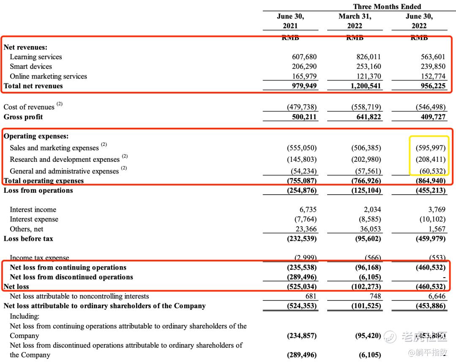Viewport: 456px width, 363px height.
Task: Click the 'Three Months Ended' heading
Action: (x=387, y=6)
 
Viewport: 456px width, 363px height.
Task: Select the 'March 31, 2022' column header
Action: (x=355, y=21)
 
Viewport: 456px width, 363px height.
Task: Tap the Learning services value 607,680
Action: (x=304, y=57)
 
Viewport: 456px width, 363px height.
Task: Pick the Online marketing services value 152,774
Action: (x=433, y=76)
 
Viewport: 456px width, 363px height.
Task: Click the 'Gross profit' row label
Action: (x=23, y=117)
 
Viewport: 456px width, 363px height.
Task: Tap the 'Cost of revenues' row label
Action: (x=29, y=107)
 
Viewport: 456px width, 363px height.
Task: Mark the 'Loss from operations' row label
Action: (x=38, y=190)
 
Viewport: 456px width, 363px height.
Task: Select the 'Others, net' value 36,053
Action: (x=369, y=229)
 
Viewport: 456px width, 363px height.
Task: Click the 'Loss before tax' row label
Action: (x=28, y=238)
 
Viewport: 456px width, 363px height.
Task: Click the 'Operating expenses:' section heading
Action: (x=36, y=136)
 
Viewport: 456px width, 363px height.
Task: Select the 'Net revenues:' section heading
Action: (x=25, y=47)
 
